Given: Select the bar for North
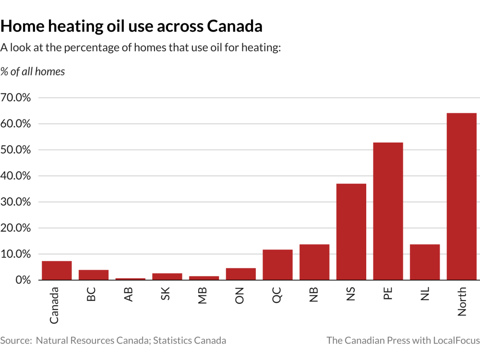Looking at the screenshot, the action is point(462,196).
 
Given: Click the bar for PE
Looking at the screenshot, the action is point(388,211).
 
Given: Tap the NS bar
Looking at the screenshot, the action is point(351,232).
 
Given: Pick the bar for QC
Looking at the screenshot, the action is point(277,265).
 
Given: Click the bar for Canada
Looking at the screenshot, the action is point(57,271).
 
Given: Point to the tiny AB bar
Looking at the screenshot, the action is point(131,279).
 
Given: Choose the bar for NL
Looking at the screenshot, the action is point(425,262).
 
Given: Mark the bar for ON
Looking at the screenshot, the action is point(241,274).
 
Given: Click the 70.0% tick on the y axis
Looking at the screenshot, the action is point(15,97).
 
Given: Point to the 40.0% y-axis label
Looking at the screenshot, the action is point(15,176).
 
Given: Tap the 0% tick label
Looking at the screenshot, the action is point(23,280).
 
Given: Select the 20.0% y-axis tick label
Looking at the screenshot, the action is point(15,228).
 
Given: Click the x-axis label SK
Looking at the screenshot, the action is point(165,294).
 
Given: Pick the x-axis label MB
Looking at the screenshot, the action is point(203,295).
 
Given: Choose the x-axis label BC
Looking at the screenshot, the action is point(91,294).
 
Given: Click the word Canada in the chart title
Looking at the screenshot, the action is point(235,26).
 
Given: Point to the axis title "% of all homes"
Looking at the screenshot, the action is point(33,72).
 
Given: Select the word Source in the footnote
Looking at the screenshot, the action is point(16,340).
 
